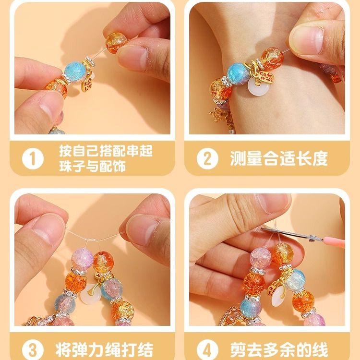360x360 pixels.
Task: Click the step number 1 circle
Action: [33, 159]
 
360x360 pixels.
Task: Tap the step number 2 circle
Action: [207, 159]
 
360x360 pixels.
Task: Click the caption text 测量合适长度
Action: [278, 158]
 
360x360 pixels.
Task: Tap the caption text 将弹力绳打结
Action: [104, 350]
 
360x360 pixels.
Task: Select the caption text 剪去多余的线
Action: [279, 350]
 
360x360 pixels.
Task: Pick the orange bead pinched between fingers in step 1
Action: [116, 43]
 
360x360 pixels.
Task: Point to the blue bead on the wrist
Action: [238, 72]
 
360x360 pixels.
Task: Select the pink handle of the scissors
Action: [334, 242]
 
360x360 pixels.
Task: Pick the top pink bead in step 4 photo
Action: [260, 258]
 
